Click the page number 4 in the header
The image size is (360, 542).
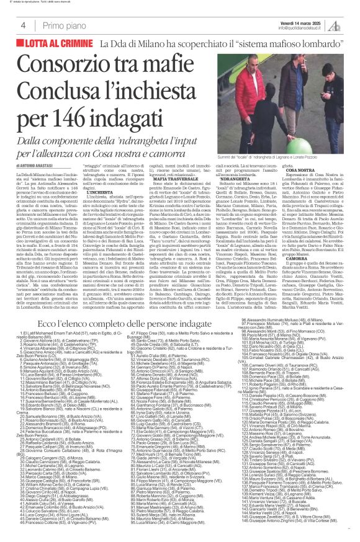coord(22,25)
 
